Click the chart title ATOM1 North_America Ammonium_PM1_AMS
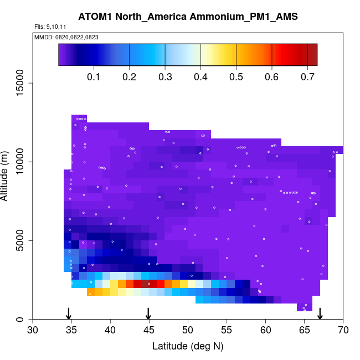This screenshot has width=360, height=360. click(188, 17)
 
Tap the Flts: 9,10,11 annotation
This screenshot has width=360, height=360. click(50, 27)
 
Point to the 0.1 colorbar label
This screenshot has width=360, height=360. click(94, 76)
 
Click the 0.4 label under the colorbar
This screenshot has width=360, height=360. click(201, 76)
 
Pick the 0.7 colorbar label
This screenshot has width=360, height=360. click(308, 76)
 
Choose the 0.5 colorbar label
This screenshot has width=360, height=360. click(236, 76)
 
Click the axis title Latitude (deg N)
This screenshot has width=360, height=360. click(188, 347)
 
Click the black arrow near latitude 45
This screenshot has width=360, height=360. click(148, 313)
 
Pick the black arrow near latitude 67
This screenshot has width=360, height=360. click(320, 313)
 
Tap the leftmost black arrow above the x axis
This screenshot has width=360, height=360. click(69, 313)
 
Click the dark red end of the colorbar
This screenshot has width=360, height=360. click(312, 55)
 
